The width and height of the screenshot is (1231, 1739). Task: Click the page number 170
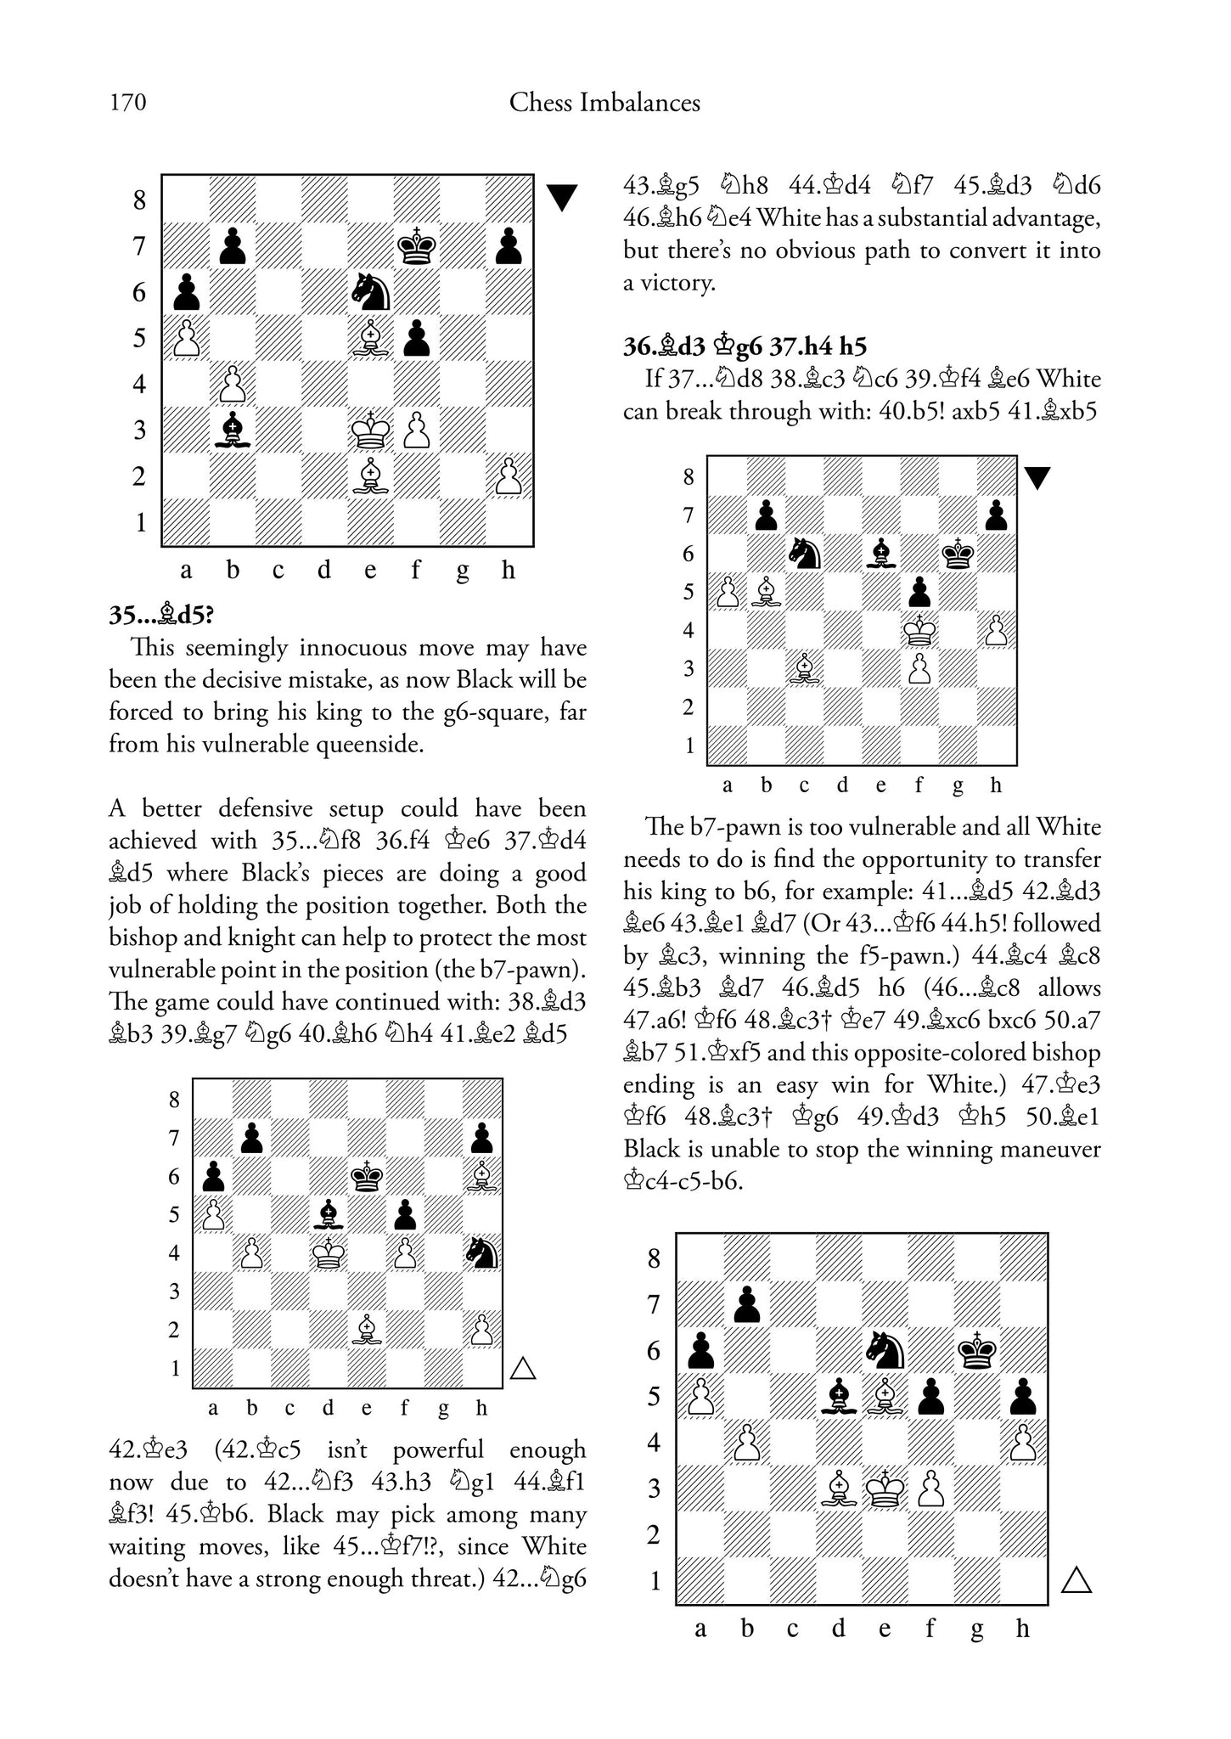click(x=127, y=104)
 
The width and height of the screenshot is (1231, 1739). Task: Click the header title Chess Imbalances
click(x=604, y=104)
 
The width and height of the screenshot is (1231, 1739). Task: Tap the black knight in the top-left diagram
click(x=371, y=292)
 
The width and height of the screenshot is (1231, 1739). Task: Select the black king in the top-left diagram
click(x=417, y=246)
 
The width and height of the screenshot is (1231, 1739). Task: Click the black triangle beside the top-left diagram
click(x=561, y=197)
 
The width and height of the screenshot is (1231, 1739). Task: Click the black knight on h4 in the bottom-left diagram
click(x=481, y=1253)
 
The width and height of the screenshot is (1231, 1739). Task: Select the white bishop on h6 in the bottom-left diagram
click(x=481, y=1177)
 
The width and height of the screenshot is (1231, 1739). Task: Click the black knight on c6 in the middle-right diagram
click(x=804, y=554)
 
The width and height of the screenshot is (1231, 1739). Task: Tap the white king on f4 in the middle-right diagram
click(x=919, y=630)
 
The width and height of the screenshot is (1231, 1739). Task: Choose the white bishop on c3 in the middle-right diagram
click(x=804, y=669)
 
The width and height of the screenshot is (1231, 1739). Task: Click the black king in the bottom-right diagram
click(x=977, y=1350)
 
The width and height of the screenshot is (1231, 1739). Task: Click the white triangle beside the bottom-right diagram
click(x=1076, y=1580)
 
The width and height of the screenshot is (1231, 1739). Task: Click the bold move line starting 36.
click(x=745, y=346)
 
